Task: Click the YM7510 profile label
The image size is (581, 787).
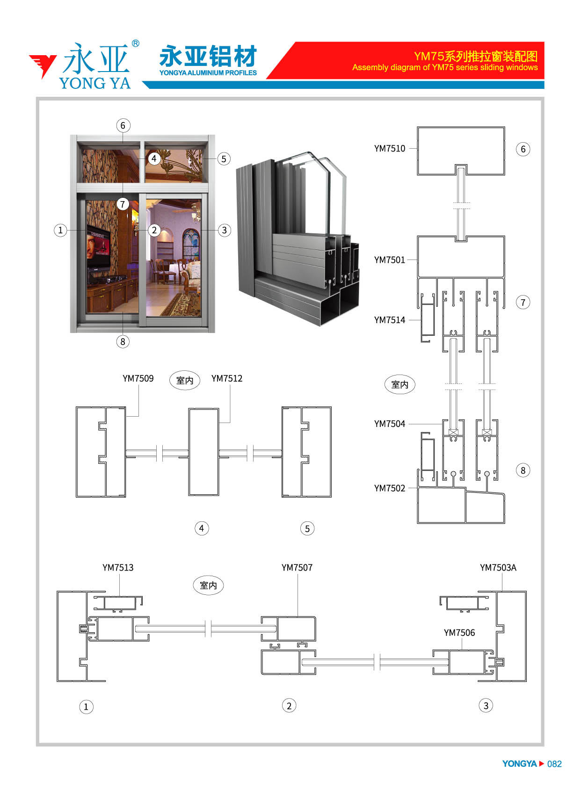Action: point(389,148)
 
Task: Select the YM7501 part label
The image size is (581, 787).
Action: point(389,260)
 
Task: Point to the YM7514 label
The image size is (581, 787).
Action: point(389,320)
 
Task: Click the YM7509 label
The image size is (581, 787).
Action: point(138,378)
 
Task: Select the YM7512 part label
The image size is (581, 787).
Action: point(227,378)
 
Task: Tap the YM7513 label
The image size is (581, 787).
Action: point(118,567)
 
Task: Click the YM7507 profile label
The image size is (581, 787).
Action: point(297,567)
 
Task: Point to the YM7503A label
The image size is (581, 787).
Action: point(498,567)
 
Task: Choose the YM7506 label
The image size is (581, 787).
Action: point(459,632)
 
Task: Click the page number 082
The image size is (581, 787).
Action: point(554,764)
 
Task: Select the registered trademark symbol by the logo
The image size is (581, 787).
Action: point(136,43)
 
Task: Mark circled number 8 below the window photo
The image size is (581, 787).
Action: point(123,341)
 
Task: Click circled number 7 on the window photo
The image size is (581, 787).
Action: point(123,204)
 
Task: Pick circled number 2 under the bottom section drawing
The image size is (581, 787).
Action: point(289,706)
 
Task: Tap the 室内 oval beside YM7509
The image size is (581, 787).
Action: point(185,380)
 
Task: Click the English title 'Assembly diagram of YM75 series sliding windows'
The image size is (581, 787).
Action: point(445,67)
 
